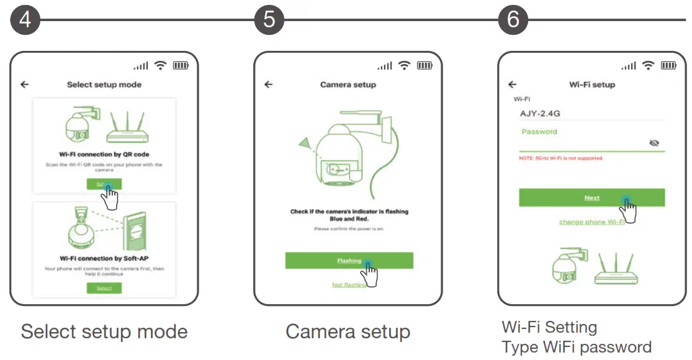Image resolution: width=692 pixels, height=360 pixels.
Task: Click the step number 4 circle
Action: click(25, 20)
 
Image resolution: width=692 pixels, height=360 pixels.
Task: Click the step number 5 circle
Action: click(269, 20)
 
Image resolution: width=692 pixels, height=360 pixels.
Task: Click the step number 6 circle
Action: click(513, 20)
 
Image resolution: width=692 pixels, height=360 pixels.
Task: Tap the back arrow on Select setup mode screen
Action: click(25, 84)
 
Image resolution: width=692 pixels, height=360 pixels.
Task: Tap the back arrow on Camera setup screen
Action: click(269, 84)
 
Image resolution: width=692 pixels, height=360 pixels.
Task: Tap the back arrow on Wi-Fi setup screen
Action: click(512, 84)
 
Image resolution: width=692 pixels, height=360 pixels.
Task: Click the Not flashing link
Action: click(349, 285)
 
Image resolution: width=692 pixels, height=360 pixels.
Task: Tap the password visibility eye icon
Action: click(654, 143)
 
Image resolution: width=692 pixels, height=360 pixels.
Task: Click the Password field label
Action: click(539, 132)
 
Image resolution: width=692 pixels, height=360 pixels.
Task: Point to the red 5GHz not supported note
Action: click(561, 158)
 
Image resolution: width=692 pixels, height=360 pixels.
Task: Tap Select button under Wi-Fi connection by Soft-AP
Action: click(104, 288)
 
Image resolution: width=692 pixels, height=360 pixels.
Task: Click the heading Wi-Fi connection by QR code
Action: click(104, 154)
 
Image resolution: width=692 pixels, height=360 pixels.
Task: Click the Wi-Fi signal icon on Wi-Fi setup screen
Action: click(648, 65)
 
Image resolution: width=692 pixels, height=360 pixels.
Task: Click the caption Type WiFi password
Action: click(576, 346)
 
